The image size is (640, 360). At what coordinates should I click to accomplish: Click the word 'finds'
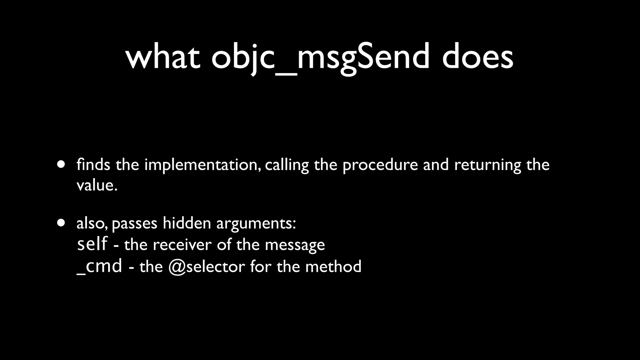pyautogui.click(x=93, y=165)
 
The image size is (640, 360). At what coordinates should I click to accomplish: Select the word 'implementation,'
pyautogui.click(x=202, y=165)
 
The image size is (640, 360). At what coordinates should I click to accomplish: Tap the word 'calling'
pyautogui.click(x=287, y=165)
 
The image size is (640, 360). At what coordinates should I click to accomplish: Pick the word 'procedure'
pyautogui.click(x=380, y=165)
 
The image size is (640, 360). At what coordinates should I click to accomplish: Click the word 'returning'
pyautogui.click(x=487, y=165)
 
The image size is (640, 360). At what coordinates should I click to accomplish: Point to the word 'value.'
pyautogui.click(x=97, y=185)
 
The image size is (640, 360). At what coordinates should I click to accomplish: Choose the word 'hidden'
pyautogui.click(x=187, y=223)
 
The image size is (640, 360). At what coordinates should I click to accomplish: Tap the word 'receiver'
pyautogui.click(x=182, y=244)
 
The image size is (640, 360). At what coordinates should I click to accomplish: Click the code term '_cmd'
pyautogui.click(x=99, y=266)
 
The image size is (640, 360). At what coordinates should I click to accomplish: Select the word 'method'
pyautogui.click(x=333, y=267)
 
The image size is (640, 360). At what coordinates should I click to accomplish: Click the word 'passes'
pyautogui.click(x=134, y=224)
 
